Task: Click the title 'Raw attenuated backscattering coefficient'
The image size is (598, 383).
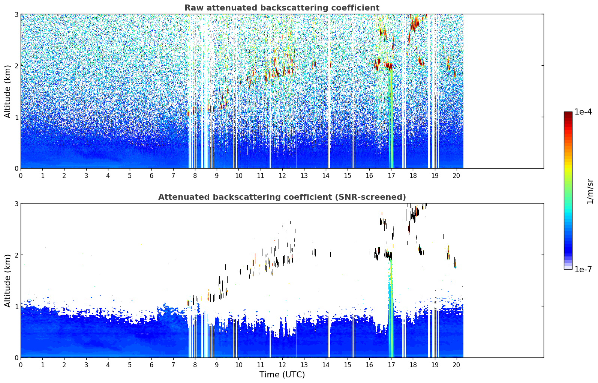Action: pos(282,8)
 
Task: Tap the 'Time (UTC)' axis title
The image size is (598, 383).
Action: pos(282,375)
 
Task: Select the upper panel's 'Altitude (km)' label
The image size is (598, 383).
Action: pos(7,91)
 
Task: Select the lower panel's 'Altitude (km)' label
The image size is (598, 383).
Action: pos(7,280)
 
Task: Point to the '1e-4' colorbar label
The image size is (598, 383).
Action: pos(583,112)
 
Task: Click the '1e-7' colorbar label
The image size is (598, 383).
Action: pos(583,269)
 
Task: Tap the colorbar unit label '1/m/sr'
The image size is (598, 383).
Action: pos(590,191)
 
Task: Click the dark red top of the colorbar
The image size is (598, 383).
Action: pos(568,113)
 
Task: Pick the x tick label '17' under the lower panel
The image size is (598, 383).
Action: pos(391,365)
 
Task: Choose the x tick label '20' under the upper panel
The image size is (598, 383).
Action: pos(456,176)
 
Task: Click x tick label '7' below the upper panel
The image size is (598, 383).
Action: pos(173,176)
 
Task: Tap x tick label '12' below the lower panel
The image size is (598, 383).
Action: pos(282,365)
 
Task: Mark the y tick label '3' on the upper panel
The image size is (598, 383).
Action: pos(16,14)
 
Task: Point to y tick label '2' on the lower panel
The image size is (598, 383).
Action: pos(16,255)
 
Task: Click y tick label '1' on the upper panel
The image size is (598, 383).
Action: pos(16,117)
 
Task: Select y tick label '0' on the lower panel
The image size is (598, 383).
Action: pos(16,357)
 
